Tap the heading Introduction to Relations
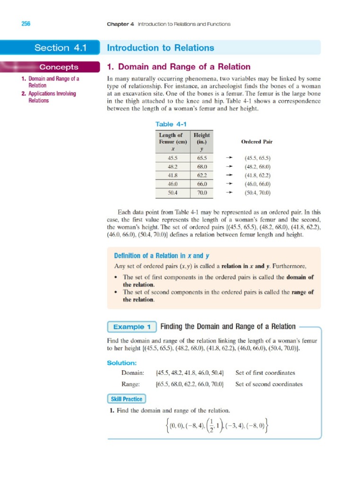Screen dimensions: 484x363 click(161, 48)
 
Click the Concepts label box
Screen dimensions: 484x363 click(59, 67)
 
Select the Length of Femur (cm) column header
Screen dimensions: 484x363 click(173, 141)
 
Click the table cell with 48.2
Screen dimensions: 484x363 click(173, 167)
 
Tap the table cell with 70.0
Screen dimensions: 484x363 click(202, 193)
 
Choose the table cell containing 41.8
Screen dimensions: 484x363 click(173, 175)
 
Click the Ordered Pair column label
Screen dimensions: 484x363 click(257, 141)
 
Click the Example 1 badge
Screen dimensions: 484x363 click(132, 327)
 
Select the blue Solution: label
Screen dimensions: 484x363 click(122, 363)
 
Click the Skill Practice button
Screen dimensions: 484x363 click(126, 399)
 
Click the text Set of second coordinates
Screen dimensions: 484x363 click(269, 384)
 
